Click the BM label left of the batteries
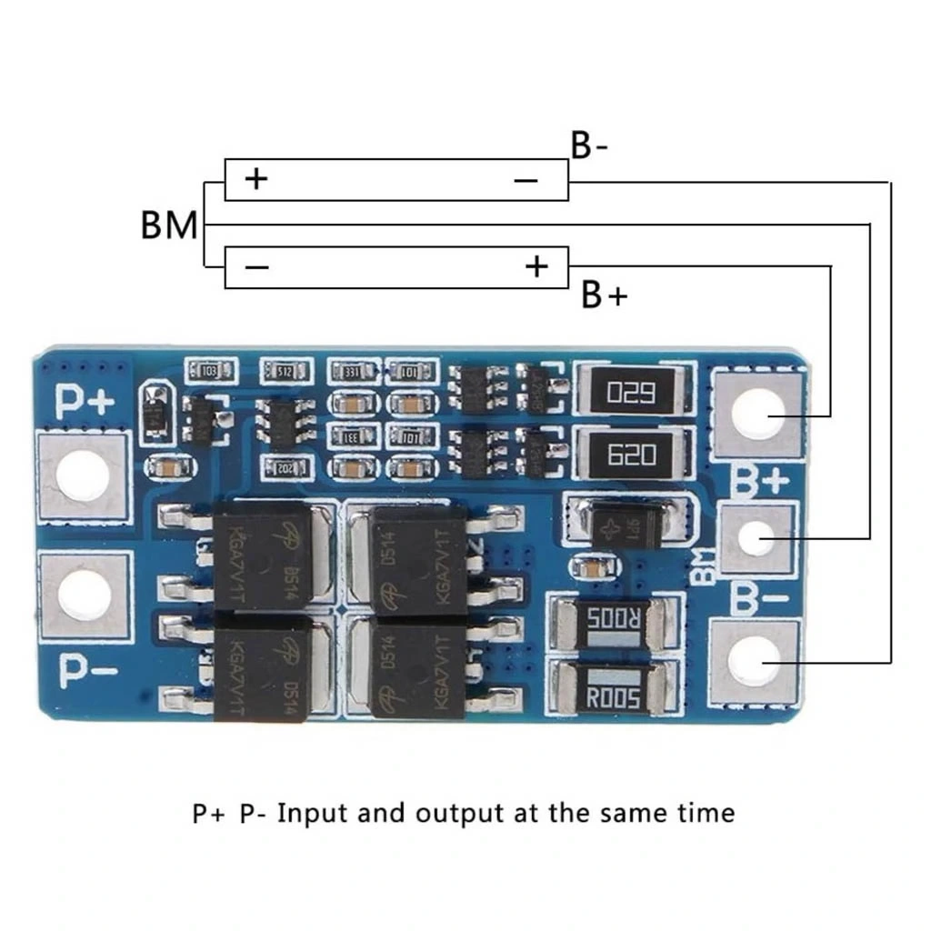(169, 225)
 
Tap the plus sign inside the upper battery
(257, 178)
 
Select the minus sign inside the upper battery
(526, 180)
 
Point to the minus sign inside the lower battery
(257, 266)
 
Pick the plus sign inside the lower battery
(537, 266)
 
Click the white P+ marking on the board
(85, 401)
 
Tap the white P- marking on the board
(87, 670)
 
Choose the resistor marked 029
(631, 393)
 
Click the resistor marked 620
(631, 454)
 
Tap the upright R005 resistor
(614, 698)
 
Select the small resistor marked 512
(285, 370)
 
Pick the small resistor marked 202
(285, 467)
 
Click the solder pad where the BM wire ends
(750, 538)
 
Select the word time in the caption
(702, 811)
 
